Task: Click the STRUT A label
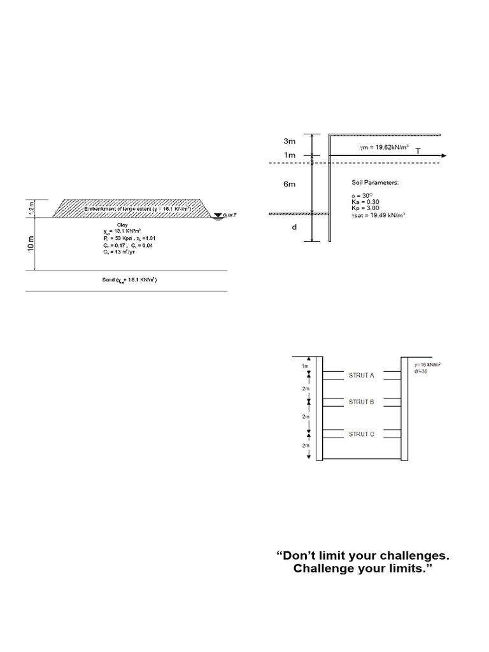[361, 376]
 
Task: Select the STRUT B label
[361, 402]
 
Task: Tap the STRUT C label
[361, 434]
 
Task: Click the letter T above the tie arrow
[418, 151]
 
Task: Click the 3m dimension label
[289, 141]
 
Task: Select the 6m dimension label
[289, 184]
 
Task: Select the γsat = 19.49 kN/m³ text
[379, 216]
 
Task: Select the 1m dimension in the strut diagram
[305, 367]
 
